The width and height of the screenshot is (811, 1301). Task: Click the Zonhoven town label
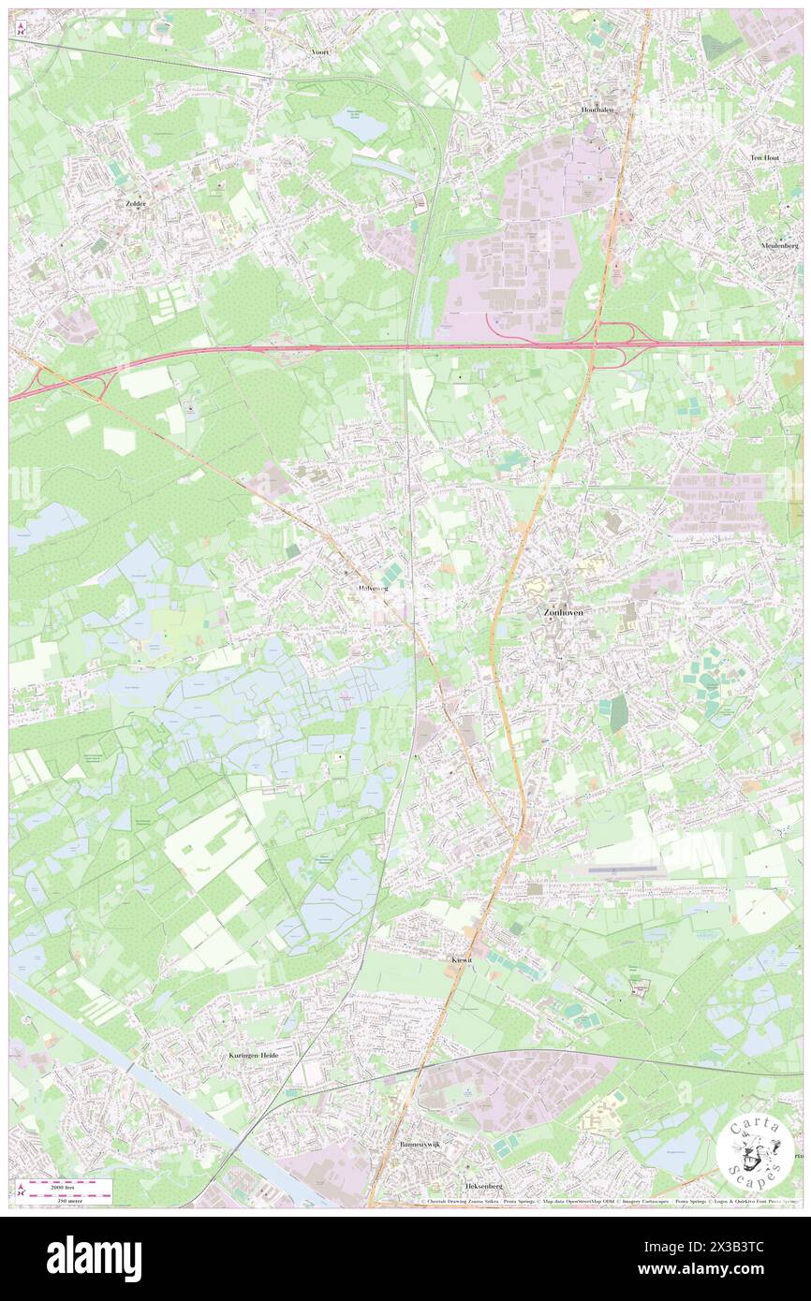563,612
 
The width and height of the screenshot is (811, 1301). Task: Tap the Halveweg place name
373,588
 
